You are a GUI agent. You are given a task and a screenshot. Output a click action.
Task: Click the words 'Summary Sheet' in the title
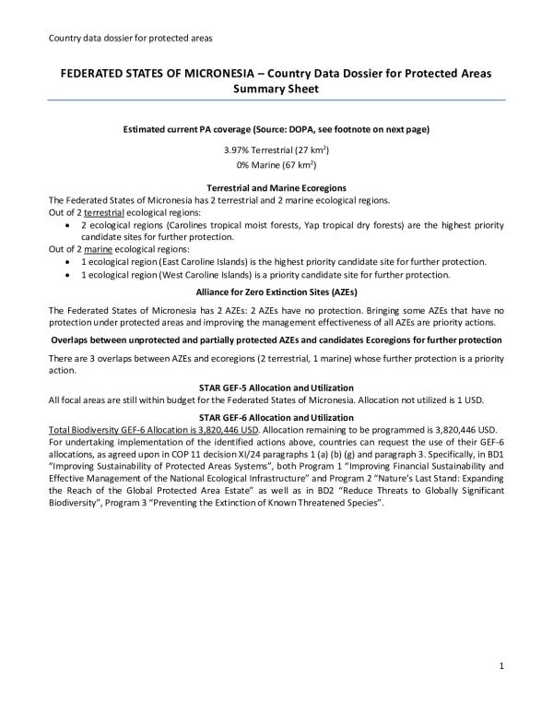click(x=276, y=89)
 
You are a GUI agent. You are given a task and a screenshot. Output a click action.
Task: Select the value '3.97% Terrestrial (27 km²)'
click(x=276, y=149)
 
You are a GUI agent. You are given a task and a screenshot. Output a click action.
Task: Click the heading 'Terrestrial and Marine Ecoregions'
click(x=276, y=188)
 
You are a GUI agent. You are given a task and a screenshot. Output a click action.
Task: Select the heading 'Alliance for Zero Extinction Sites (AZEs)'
click(x=276, y=291)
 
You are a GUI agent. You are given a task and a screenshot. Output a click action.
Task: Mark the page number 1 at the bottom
click(x=499, y=666)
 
